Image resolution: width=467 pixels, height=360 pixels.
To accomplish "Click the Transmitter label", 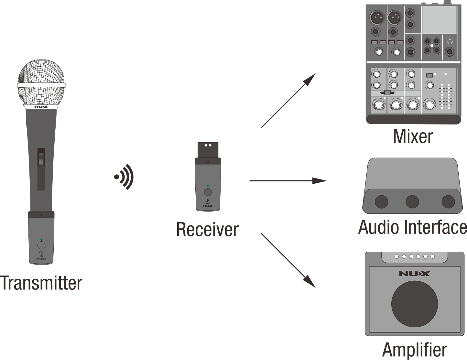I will click(41, 283).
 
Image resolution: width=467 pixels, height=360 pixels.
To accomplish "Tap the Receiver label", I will click(207, 229).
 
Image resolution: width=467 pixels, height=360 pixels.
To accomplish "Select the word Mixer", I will click(413, 136).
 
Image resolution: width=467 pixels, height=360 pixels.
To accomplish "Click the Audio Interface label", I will click(413, 227).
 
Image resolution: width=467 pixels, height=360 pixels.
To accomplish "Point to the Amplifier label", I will click(415, 350).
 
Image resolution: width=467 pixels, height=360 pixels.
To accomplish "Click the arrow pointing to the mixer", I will click(288, 101).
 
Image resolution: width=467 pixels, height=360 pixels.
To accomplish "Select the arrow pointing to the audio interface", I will click(288, 180).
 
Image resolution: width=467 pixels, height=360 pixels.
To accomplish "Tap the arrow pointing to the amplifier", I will click(288, 260).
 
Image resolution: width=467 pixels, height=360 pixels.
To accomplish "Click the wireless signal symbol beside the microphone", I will click(124, 177).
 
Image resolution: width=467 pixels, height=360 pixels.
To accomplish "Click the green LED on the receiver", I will click(208, 186).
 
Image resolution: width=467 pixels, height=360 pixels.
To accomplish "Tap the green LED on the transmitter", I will click(41, 239).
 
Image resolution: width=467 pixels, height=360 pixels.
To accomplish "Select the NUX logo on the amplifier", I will click(414, 274).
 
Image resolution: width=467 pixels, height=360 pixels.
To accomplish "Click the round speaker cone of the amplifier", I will click(414, 304).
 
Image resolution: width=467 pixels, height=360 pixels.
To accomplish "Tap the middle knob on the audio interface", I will click(412, 202).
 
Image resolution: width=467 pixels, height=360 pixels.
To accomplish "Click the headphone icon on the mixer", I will click(450, 42).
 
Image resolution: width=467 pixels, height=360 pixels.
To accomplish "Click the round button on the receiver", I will click(208, 192).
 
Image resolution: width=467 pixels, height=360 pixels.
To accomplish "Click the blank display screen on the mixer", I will click(439, 19).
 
